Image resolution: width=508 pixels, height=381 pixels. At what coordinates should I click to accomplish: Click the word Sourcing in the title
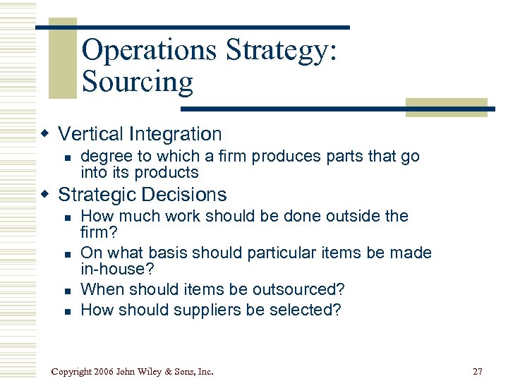[137, 82]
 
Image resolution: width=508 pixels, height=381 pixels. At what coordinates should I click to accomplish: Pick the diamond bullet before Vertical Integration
[46, 134]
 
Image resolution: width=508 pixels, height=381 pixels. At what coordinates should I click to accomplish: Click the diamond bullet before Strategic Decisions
[46, 195]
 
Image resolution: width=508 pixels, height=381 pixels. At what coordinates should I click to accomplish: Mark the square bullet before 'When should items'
[67, 291]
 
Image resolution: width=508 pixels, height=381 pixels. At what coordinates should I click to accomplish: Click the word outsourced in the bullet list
[302, 290]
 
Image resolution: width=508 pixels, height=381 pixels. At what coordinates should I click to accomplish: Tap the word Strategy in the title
[280, 50]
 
